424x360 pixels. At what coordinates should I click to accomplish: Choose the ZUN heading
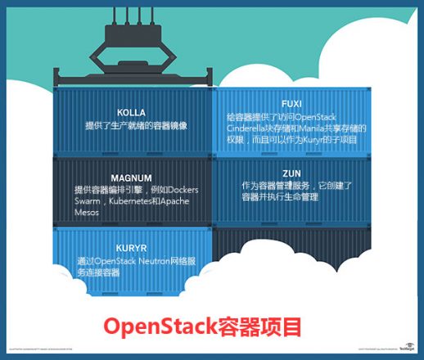point(291,173)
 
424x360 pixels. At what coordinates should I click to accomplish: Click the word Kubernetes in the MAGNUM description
point(144,200)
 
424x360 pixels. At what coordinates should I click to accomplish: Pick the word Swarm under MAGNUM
point(89,200)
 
